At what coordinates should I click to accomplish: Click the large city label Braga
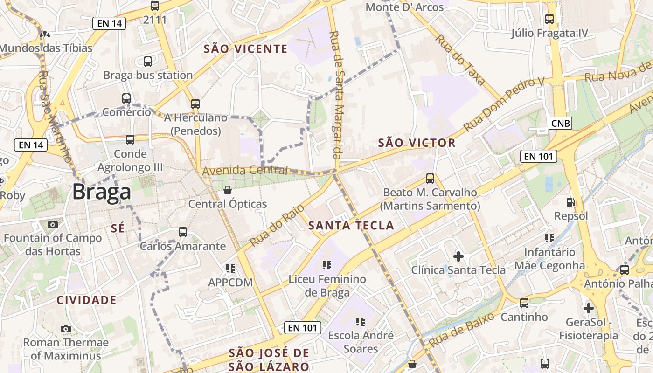(x=102, y=192)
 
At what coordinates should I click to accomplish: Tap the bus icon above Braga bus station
(x=148, y=61)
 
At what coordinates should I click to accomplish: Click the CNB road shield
(x=560, y=123)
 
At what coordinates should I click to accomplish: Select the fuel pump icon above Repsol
(x=570, y=202)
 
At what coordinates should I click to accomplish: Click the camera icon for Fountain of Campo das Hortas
(x=53, y=224)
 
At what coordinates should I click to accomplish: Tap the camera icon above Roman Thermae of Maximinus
(x=66, y=329)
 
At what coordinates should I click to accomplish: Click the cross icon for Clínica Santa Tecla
(x=458, y=256)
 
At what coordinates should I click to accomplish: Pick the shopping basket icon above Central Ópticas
(x=228, y=190)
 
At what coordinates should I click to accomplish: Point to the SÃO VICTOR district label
(x=417, y=143)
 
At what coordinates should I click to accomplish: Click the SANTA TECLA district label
(x=351, y=226)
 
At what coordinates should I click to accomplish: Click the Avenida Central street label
(x=245, y=171)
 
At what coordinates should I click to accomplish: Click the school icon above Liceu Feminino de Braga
(x=327, y=265)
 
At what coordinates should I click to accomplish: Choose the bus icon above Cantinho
(x=524, y=303)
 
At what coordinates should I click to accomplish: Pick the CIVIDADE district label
(x=86, y=300)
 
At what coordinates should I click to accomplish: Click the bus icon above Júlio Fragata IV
(x=549, y=19)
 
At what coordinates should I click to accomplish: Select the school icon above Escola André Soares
(x=360, y=321)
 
